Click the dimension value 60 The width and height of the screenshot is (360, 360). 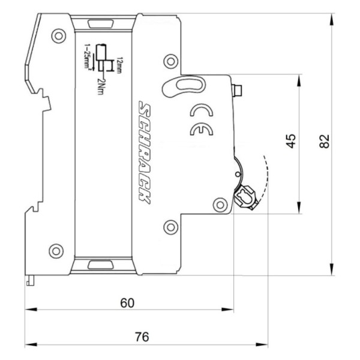pos(127,302)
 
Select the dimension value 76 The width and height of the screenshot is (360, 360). pos(141,337)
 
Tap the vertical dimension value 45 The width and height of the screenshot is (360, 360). pos(290,142)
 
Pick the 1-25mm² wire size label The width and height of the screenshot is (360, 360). pos(88,58)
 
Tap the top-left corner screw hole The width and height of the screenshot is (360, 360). pos(58,36)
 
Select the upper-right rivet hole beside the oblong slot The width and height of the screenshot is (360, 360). pos(170,60)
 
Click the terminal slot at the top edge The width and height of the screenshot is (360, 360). pos(96,24)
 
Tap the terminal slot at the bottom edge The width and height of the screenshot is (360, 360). pos(96,264)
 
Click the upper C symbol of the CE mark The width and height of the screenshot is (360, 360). pos(199,110)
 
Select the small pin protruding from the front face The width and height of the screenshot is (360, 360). pos(238,91)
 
